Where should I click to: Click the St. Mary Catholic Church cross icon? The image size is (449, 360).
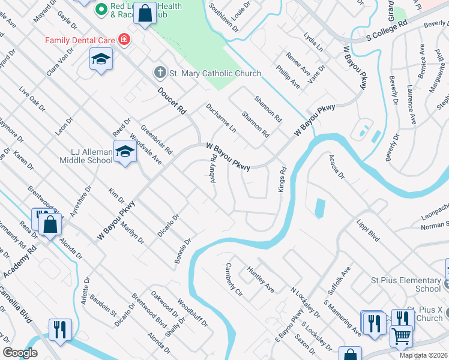[160, 73]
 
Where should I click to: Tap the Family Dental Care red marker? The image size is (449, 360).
[124, 40]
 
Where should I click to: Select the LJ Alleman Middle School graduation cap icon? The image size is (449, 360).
[125, 152]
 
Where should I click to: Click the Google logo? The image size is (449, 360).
[20, 353]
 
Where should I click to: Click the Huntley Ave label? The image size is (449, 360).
[261, 280]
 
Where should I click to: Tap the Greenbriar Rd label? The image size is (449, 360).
[156, 139]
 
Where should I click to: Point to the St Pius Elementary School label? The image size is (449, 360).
[406, 284]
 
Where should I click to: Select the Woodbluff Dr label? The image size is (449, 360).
[192, 313]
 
